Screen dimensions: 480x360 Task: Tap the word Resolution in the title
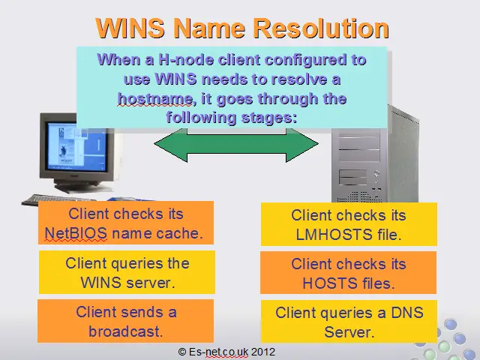(322, 28)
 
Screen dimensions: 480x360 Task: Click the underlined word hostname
(156, 98)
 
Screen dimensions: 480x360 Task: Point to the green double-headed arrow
(236, 145)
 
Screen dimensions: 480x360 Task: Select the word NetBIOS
(76, 233)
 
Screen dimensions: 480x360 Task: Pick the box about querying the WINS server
(127, 272)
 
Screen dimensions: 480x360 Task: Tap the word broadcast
(126, 331)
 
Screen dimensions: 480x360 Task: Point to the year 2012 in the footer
(263, 352)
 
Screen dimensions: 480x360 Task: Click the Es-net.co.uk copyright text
(226, 352)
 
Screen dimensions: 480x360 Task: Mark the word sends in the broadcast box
(142, 312)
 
